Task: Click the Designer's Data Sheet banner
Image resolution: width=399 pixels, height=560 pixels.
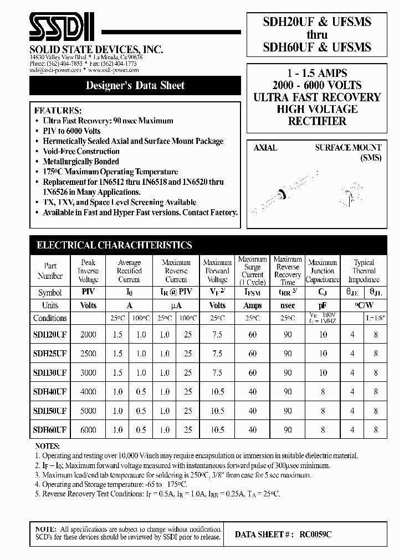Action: (135, 86)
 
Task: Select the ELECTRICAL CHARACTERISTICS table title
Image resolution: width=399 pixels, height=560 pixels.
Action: (114, 245)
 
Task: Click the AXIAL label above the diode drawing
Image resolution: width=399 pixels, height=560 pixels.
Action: (265, 148)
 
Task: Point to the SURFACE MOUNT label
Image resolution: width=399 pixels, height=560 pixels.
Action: (348, 148)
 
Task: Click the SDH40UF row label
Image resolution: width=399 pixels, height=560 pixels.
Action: (50, 392)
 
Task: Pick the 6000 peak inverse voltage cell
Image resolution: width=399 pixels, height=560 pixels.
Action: (88, 429)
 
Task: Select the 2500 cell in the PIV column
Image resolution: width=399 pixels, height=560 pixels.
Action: (88, 354)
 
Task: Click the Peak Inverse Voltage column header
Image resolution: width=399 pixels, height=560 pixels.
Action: (88, 271)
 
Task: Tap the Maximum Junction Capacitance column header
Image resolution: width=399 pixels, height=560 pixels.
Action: (323, 271)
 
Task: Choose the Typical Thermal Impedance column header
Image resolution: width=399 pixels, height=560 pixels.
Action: (364, 271)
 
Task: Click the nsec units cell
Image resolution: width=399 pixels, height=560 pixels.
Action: (288, 305)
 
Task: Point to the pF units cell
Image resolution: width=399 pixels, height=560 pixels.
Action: (323, 305)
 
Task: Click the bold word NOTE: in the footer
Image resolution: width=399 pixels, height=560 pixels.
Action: (44, 530)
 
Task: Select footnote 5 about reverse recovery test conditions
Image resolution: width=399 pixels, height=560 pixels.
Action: (157, 494)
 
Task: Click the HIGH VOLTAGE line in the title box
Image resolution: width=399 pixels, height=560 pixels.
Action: (317, 109)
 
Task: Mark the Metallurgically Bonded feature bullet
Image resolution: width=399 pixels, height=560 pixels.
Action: (81, 162)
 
